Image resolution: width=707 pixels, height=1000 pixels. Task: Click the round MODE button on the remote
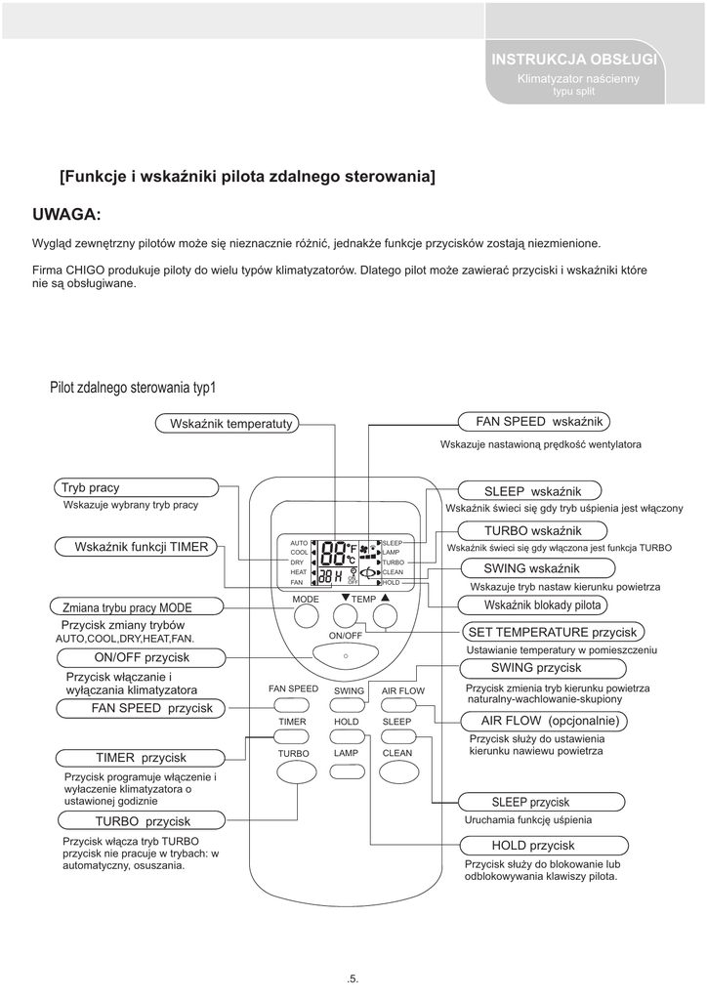click(x=306, y=615)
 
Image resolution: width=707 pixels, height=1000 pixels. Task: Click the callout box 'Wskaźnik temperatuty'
click(x=228, y=422)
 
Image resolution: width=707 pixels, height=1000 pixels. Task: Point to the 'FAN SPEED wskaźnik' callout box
click(x=535, y=421)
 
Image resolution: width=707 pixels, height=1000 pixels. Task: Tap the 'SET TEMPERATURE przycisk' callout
click(x=553, y=632)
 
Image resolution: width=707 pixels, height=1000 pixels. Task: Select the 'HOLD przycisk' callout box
click(x=533, y=846)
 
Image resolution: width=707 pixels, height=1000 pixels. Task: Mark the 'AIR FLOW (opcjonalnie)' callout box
click(x=544, y=721)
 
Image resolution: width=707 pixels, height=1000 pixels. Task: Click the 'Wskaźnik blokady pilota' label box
click(x=542, y=605)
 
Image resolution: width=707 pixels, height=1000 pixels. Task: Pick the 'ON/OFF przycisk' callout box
click(x=142, y=657)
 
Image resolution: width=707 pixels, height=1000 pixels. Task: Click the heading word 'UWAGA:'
click(x=67, y=214)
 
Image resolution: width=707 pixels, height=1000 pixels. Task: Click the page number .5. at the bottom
click(x=353, y=978)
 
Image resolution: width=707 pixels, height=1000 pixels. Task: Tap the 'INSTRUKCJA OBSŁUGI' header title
click(x=574, y=61)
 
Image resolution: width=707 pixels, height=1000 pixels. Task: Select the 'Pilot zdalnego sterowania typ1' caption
click(x=133, y=388)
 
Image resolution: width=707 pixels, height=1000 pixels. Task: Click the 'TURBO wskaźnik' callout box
click(x=532, y=529)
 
